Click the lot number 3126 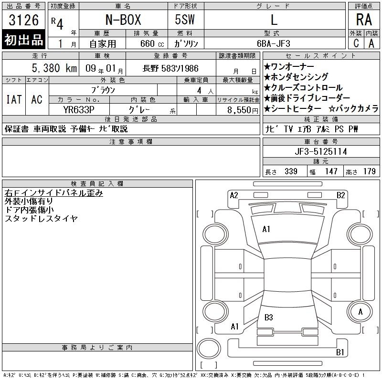[23, 20]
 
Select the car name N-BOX [123, 20]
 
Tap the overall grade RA [364, 20]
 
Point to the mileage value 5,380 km [54, 68]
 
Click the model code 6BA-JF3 [274, 43]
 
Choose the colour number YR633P [79, 110]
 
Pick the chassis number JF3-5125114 [321, 151]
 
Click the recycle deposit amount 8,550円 [243, 110]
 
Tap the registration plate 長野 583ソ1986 [170, 68]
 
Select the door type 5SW [185, 20]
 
